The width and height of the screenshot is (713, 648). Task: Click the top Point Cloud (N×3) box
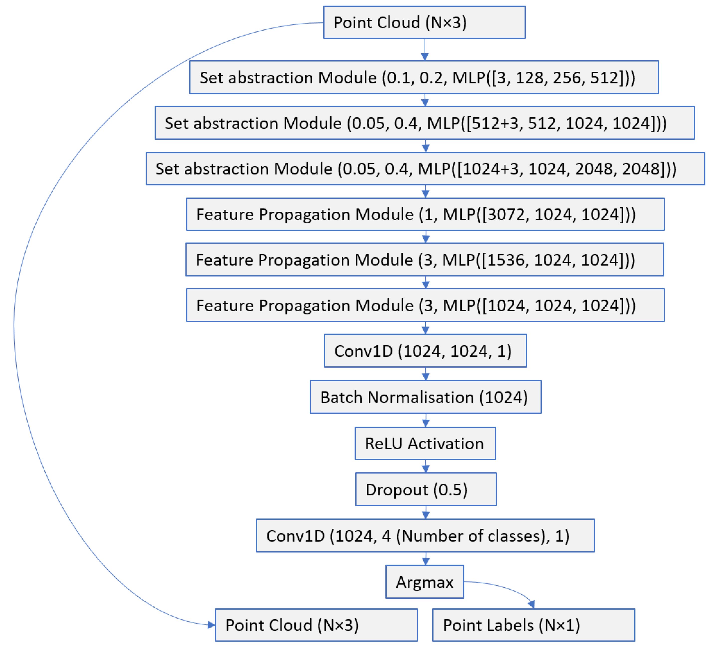424,22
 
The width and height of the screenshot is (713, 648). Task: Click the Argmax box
424,582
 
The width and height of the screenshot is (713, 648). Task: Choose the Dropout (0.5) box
426,489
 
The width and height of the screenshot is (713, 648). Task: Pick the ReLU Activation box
425,444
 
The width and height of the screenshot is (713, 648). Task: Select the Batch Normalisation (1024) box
426,397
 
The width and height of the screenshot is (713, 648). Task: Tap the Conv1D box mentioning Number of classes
425,536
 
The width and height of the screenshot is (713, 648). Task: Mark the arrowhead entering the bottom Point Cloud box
211,625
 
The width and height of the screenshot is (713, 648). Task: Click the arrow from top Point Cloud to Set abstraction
425,50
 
